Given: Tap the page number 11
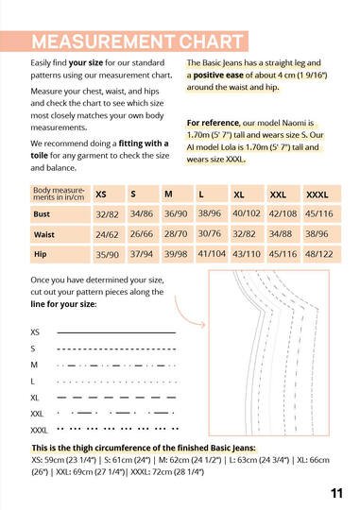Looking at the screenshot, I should click(x=337, y=492).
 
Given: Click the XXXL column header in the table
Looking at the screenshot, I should click(x=317, y=194).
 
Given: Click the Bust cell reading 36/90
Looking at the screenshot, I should click(x=177, y=214).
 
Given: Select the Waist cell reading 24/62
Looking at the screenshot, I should click(x=108, y=234).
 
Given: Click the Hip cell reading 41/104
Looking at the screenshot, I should click(x=212, y=254).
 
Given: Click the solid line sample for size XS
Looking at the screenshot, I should click(x=116, y=332).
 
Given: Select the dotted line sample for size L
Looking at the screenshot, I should click(x=116, y=381).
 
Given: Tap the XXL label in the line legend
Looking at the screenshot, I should click(x=37, y=414).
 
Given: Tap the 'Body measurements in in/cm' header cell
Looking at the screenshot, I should click(x=56, y=194).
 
